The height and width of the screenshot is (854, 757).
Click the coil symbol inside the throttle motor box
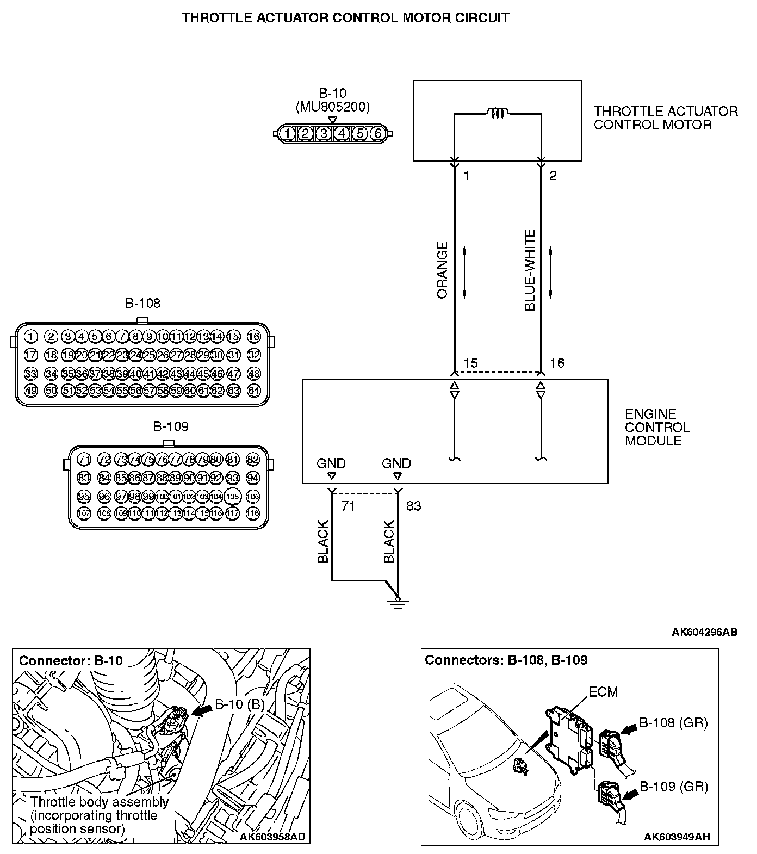click(497, 113)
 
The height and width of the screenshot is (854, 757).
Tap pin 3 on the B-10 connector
click(324, 133)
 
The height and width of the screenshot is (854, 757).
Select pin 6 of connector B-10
click(378, 133)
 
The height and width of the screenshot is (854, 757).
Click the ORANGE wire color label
click(442, 270)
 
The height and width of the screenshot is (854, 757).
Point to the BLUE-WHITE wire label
click(530, 270)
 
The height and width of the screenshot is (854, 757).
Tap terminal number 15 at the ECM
click(470, 363)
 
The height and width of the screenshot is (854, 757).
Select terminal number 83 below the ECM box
click(413, 506)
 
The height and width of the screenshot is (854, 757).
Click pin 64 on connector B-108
click(253, 391)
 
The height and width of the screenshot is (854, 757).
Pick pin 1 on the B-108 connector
click(31, 337)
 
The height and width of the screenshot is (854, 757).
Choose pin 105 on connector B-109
click(232, 496)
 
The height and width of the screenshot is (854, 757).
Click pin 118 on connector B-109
click(253, 513)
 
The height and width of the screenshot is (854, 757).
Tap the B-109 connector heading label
click(170, 426)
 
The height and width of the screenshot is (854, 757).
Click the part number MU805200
click(332, 107)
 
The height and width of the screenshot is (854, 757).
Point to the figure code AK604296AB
click(704, 632)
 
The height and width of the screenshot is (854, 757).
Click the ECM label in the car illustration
click(603, 691)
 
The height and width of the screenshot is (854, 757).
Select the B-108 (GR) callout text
click(673, 723)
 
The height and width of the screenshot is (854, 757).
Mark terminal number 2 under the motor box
click(553, 176)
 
